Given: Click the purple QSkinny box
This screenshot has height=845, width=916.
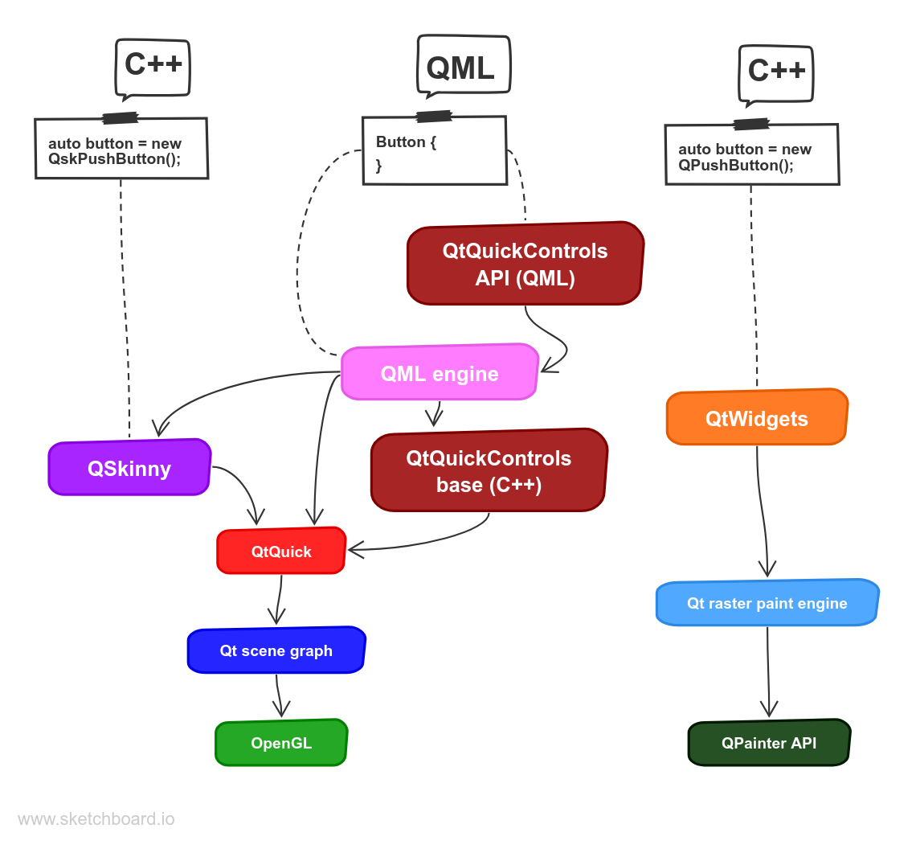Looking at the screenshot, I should click(x=129, y=467).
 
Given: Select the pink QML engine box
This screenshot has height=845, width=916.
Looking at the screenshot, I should click(x=440, y=373).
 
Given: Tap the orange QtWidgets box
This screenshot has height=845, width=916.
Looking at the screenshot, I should click(x=756, y=418).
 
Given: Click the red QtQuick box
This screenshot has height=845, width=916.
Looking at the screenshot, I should click(x=281, y=552).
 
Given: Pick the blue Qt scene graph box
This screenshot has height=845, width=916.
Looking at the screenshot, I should click(x=276, y=650).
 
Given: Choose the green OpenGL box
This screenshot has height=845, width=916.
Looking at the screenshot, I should click(x=281, y=743).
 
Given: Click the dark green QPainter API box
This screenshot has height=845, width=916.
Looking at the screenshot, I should click(x=769, y=743).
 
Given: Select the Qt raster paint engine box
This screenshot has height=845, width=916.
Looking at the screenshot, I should click(x=767, y=603).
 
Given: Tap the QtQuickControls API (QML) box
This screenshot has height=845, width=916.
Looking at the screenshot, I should click(x=525, y=264).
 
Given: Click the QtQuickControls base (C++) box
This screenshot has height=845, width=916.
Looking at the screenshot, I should click(x=489, y=471).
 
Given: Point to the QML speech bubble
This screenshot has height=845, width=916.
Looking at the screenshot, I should click(x=461, y=68).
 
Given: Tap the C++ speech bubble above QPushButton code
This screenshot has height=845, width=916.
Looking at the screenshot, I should click(x=776, y=72).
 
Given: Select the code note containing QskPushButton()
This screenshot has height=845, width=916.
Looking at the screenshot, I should click(x=121, y=150).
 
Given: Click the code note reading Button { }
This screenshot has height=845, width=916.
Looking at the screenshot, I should click(x=434, y=151).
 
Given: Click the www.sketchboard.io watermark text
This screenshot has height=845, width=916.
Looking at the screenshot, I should click(x=96, y=819).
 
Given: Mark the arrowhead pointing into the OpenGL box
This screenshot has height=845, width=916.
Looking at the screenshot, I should click(x=281, y=712).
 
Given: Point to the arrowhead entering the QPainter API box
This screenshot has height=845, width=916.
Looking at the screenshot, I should click(x=769, y=712).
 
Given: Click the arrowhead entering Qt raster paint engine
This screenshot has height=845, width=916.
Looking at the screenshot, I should click(x=767, y=571).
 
